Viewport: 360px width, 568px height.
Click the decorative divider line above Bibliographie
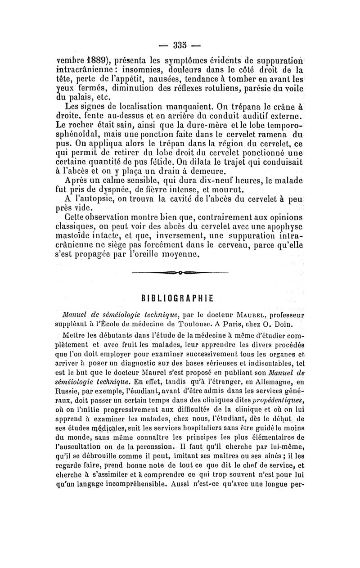tap(180, 273)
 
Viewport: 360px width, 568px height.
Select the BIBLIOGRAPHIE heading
tap(180, 298)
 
